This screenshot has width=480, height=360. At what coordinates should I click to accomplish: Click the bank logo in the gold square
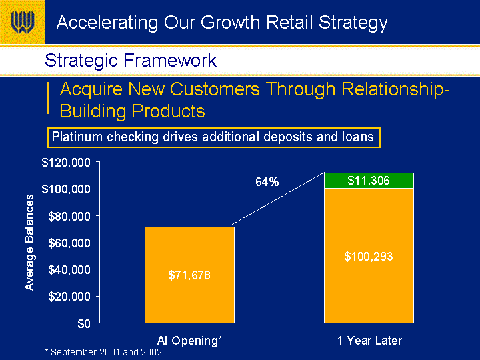pyautogui.click(x=23, y=22)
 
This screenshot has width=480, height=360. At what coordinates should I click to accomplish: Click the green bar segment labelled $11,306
pyautogui.click(x=369, y=181)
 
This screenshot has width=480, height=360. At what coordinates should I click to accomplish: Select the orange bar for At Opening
pyautogui.click(x=189, y=275)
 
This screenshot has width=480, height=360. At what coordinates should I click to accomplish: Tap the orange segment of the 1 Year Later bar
pyautogui.click(x=369, y=255)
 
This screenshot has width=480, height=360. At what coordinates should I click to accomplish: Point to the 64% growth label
pyautogui.click(x=267, y=182)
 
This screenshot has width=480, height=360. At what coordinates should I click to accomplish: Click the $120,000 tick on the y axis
pyautogui.click(x=66, y=163)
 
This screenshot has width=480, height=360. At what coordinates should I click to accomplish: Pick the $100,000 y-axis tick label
pyautogui.click(x=66, y=189)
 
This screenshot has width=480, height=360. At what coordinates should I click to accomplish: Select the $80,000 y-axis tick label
pyautogui.click(x=69, y=217)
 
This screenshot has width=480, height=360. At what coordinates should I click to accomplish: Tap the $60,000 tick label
pyautogui.click(x=69, y=243)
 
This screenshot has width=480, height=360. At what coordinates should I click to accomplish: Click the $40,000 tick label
pyautogui.click(x=69, y=270)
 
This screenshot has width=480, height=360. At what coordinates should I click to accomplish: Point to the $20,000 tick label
pyautogui.click(x=69, y=296)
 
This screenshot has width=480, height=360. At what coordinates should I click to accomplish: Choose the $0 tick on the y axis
pyautogui.click(x=84, y=323)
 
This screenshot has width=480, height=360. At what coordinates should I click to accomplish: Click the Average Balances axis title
pyautogui.click(x=29, y=242)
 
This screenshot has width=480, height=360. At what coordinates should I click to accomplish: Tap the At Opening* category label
pyautogui.click(x=189, y=341)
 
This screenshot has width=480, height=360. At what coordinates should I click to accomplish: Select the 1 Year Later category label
pyautogui.click(x=369, y=341)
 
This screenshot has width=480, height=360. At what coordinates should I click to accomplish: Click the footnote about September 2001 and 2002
pyautogui.click(x=103, y=352)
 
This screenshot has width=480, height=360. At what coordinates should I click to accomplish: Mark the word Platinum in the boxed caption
pyautogui.click(x=77, y=137)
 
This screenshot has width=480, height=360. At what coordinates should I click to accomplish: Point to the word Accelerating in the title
pyautogui.click(x=107, y=23)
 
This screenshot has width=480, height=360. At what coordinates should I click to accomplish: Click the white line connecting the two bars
pyautogui.click(x=278, y=199)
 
